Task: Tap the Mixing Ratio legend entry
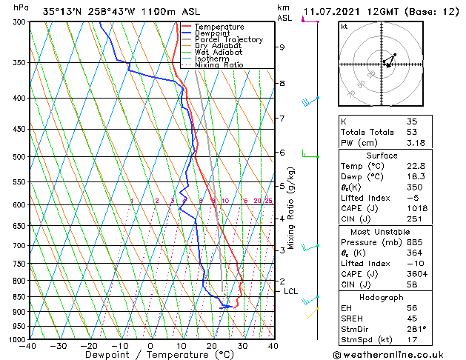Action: coord(219,65)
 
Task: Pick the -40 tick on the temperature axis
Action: coord(28,345)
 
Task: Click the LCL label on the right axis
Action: coord(291,292)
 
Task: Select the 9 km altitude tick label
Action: coord(282,47)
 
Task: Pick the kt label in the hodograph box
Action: coord(344,27)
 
